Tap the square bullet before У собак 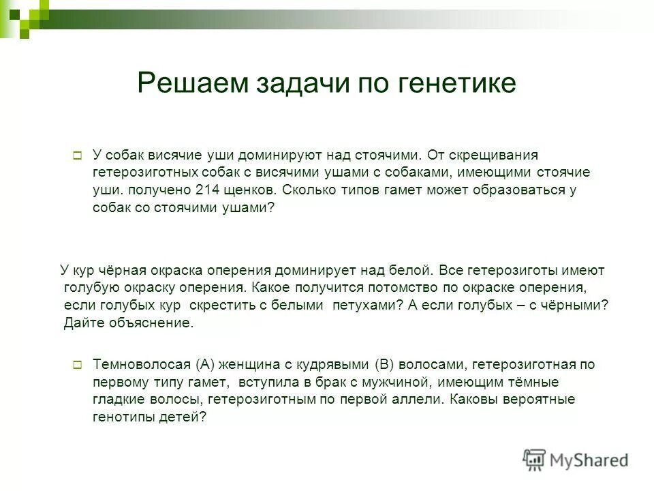click(77, 156)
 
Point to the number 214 click(206, 192)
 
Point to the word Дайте click(84, 323)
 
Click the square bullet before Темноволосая click(77, 364)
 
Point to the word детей click(185, 417)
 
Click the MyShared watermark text click(590, 460)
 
